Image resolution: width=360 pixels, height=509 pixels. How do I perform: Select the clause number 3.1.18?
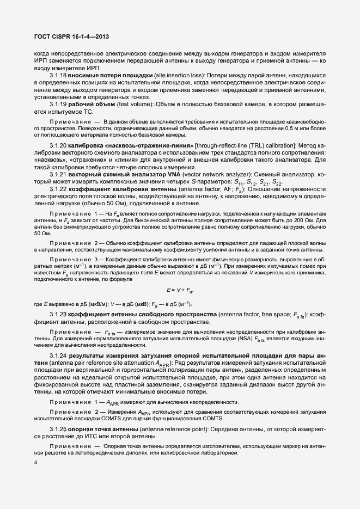(x=58, y=75)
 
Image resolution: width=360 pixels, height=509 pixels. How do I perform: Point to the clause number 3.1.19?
(x=58, y=103)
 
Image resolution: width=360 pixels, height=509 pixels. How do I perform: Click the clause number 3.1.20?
(x=58, y=145)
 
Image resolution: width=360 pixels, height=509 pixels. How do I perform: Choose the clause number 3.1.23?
(x=58, y=316)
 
